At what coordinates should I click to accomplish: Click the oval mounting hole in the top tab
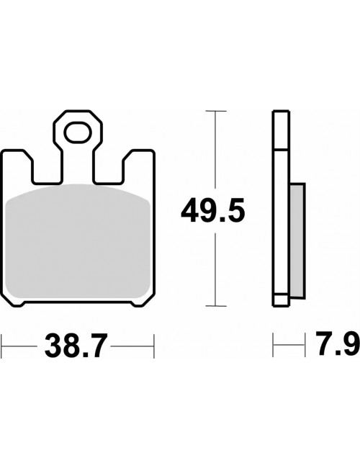coord(78,132)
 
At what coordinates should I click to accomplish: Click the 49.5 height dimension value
coord(213,211)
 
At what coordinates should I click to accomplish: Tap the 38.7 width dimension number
coord(76,346)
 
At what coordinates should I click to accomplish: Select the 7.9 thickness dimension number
coord(338,344)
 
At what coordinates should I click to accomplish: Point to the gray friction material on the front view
coord(78,241)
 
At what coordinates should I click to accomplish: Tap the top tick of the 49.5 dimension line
coord(216,112)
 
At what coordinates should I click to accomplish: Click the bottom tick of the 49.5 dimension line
coord(216,305)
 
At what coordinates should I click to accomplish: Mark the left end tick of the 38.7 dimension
coord(1,346)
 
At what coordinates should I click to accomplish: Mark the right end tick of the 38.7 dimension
coord(154,346)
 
